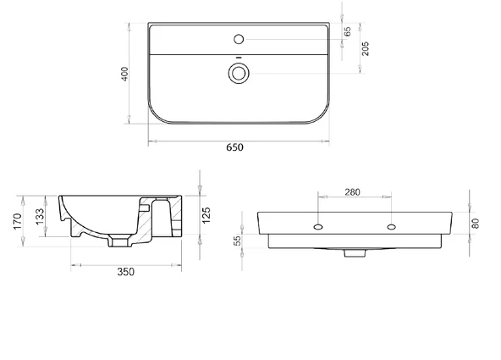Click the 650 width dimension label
tap(235, 147)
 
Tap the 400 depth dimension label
tap(124, 74)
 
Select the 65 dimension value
tap(347, 31)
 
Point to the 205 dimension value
tap(366, 48)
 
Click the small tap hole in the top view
tap(239, 39)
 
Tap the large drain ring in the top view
tap(239, 73)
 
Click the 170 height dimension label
tap(17, 221)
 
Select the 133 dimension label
tap(40, 217)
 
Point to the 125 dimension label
tap(206, 215)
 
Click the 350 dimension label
tap(126, 272)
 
